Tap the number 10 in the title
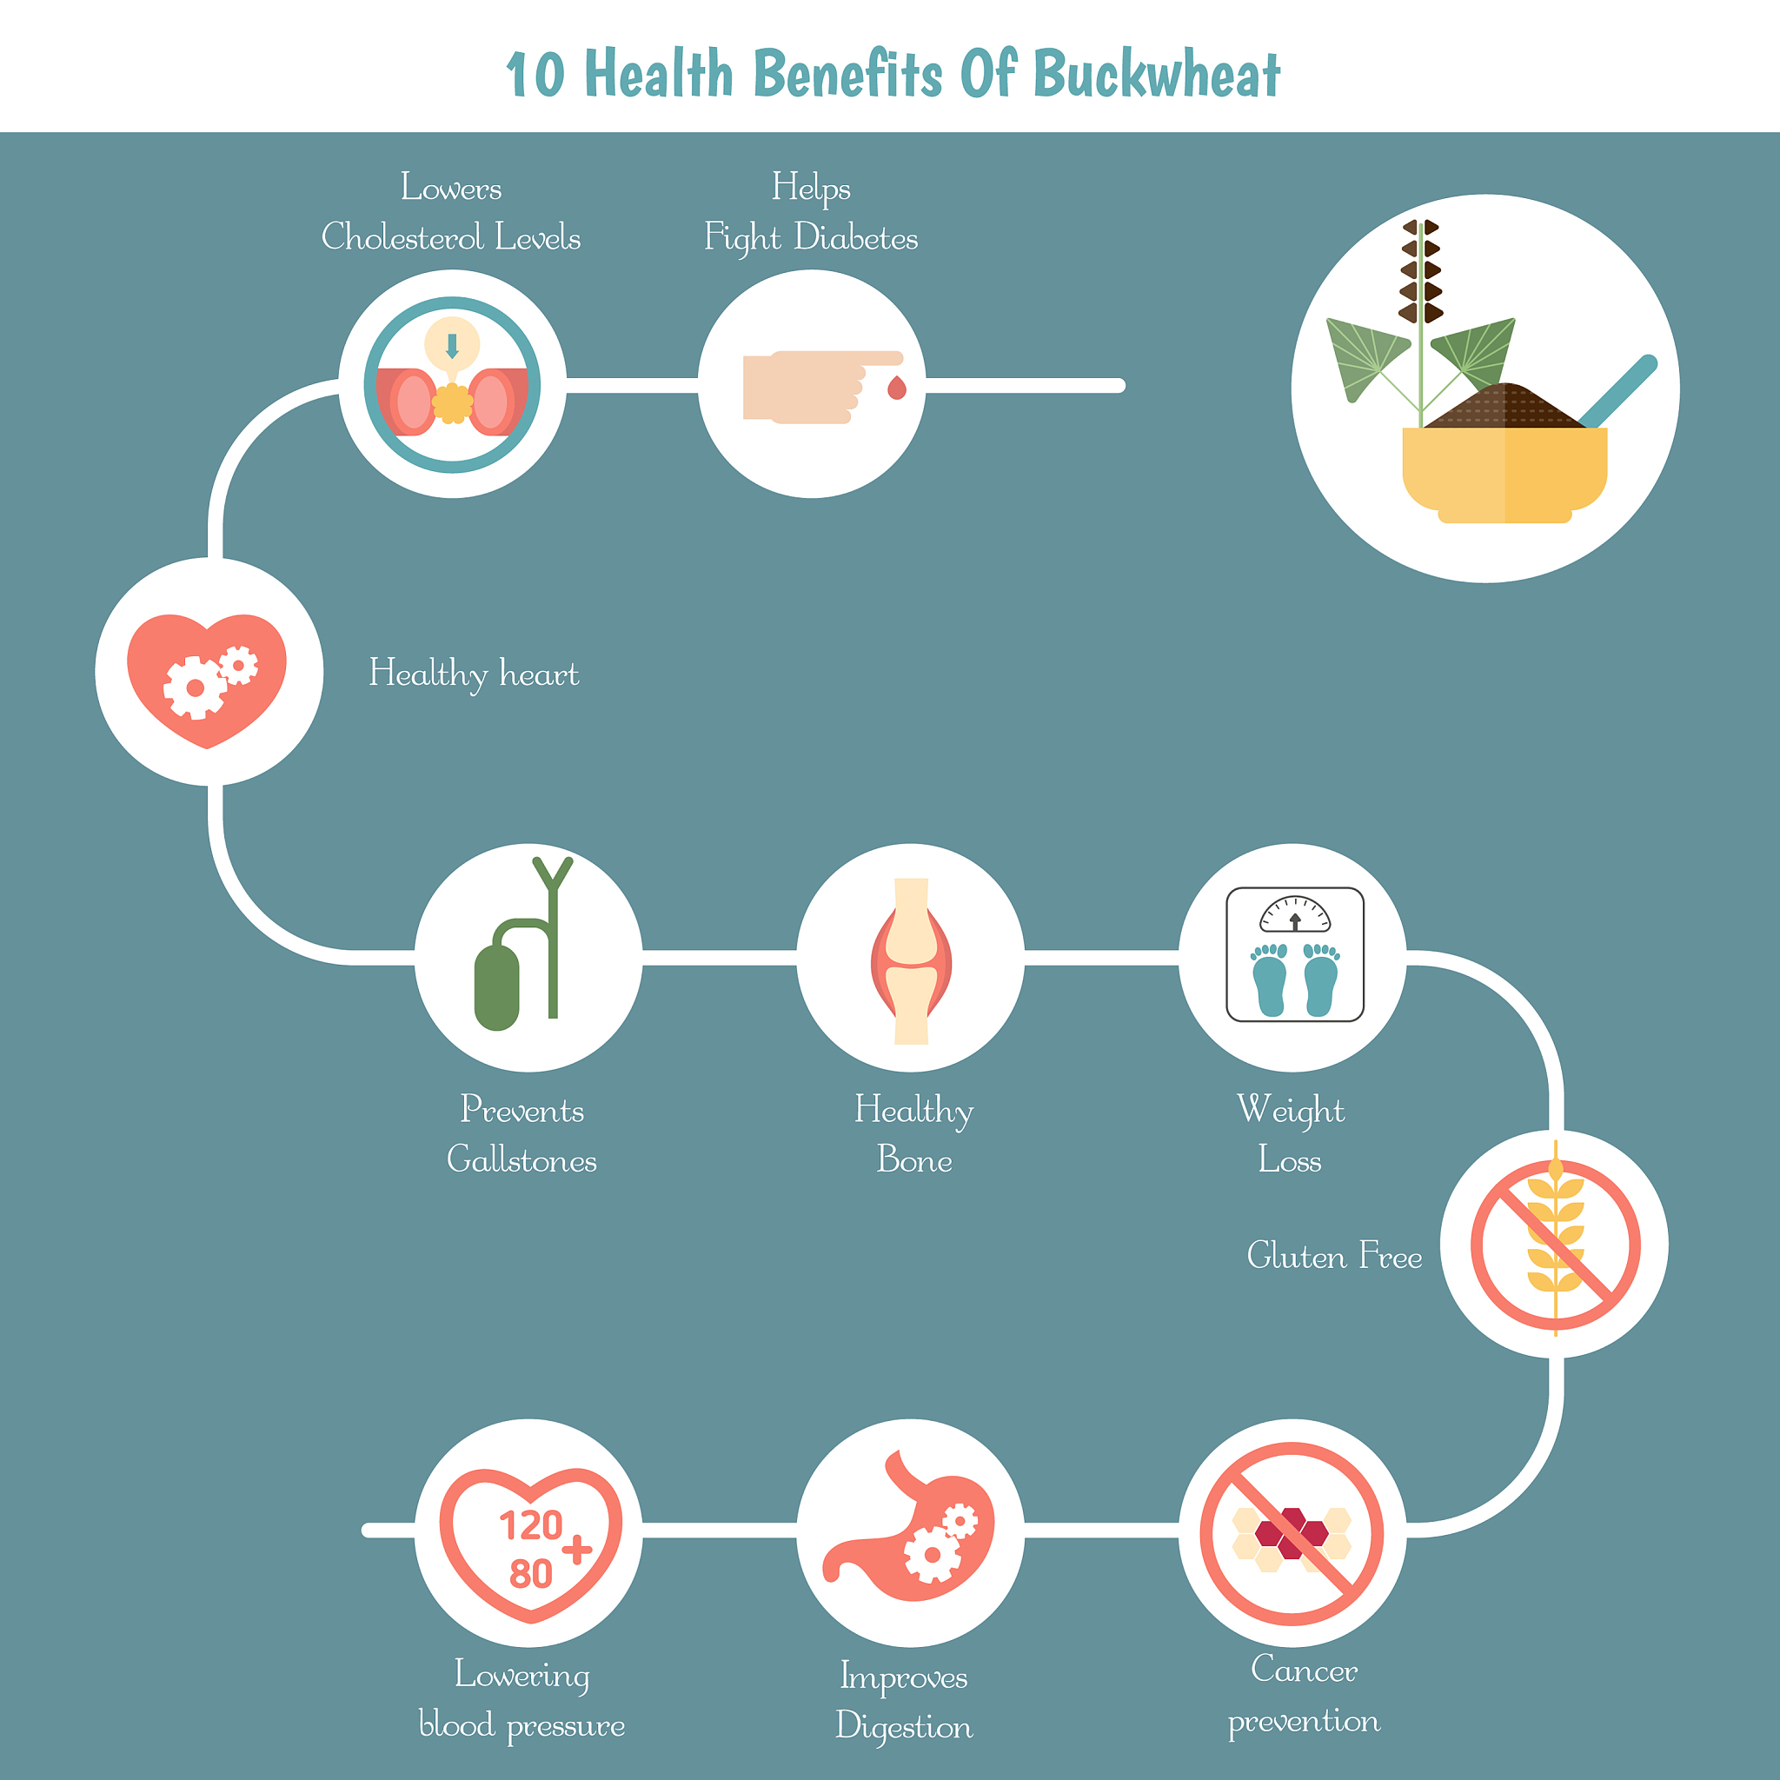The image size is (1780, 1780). tap(535, 75)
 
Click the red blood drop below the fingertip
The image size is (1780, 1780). tap(896, 388)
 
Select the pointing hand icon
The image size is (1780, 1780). tap(823, 387)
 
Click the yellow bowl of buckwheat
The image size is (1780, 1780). tap(1504, 473)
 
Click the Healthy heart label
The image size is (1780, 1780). tap(474, 674)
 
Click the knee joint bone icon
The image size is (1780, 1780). tap(911, 961)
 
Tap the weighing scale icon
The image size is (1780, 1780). tap(1294, 954)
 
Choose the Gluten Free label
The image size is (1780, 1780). tap(1334, 1256)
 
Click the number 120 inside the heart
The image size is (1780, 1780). tap(531, 1526)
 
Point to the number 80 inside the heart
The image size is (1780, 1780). tap(531, 1574)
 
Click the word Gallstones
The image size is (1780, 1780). tap(521, 1160)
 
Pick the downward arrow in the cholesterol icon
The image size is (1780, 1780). tap(451, 347)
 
